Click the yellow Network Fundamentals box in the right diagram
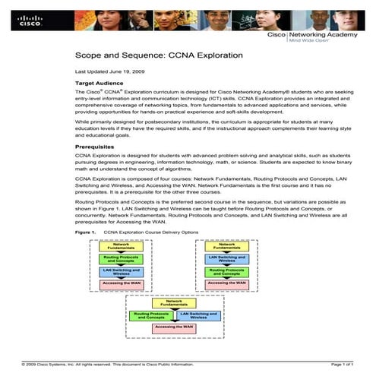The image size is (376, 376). [227, 246]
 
